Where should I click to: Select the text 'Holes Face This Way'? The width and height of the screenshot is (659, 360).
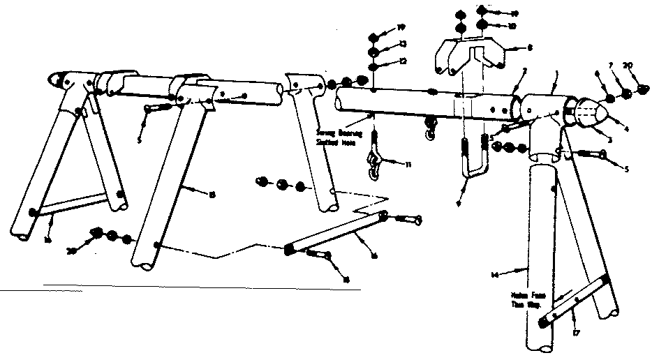(x=527, y=300)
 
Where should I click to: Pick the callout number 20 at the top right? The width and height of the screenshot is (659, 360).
(x=628, y=67)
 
